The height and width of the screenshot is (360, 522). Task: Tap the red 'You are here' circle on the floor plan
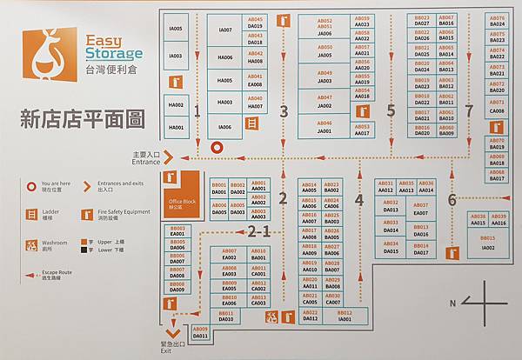point(217,148)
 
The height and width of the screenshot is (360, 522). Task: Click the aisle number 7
point(469,110)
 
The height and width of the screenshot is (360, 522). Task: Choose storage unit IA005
point(176,29)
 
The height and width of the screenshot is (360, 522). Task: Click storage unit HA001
point(176,128)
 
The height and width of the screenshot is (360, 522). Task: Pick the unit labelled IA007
point(225,30)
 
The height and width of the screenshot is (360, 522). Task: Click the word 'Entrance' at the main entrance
point(145,162)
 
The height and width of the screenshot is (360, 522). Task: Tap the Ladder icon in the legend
point(31,214)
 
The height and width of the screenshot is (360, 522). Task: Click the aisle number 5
point(391,110)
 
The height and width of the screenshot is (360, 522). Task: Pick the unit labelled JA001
point(325,130)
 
